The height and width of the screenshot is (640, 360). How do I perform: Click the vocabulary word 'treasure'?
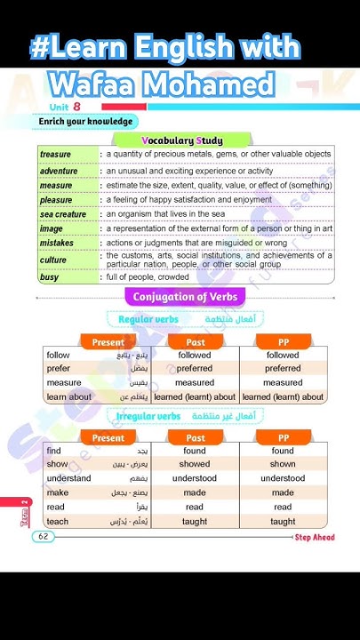coord(55,155)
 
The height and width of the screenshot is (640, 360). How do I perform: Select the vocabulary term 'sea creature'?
coord(64,214)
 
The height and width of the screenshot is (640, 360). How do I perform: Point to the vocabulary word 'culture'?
coord(54,260)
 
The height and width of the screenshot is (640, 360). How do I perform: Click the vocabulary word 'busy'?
coord(49,277)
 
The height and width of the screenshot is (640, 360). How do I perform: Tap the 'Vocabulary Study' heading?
coord(182,140)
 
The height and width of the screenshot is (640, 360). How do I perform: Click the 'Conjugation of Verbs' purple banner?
coord(185,297)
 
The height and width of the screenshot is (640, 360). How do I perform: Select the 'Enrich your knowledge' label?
coord(86,121)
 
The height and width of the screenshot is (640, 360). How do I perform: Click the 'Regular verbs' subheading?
coord(148,318)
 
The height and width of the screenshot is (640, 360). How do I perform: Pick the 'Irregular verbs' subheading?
coord(148,416)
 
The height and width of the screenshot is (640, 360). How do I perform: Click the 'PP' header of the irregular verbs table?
coord(283,437)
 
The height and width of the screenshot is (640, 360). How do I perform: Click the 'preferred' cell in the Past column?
coord(195,369)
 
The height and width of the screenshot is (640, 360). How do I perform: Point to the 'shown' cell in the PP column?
coord(283,464)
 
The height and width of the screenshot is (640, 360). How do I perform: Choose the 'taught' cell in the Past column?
coord(195,522)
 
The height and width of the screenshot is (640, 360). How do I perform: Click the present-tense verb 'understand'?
coord(68,478)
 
